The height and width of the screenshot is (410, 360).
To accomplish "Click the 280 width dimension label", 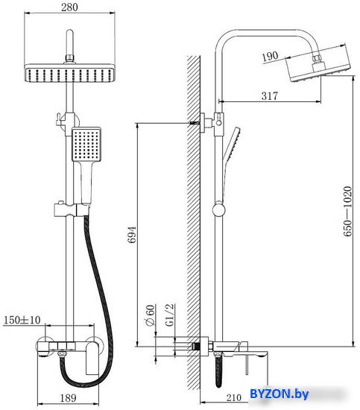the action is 69,7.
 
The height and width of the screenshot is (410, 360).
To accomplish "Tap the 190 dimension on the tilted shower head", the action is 270,56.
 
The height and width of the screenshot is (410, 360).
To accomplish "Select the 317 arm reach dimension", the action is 270,95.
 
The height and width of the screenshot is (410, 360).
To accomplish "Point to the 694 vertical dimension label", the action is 132,235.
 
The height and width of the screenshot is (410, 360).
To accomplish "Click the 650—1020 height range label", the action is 347,211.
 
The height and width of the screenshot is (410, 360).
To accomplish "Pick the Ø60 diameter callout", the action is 150,315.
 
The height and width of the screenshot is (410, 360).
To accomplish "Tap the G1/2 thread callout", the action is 170,315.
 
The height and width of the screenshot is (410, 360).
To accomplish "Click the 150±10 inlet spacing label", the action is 22,320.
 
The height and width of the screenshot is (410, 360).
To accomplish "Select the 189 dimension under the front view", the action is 69,398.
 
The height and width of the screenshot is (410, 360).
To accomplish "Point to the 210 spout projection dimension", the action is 233,398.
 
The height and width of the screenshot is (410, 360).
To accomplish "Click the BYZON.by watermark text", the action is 279,394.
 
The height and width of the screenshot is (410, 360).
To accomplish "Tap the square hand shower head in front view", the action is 86,144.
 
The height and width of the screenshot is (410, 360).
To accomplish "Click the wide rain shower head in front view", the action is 70,73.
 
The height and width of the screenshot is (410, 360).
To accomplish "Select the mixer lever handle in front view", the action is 92,359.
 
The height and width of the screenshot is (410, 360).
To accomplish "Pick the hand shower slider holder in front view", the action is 71,209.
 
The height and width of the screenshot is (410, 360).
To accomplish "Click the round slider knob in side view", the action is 218,210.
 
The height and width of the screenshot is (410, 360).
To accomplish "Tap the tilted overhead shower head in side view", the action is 320,64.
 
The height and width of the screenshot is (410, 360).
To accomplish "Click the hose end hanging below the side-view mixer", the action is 218,370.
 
